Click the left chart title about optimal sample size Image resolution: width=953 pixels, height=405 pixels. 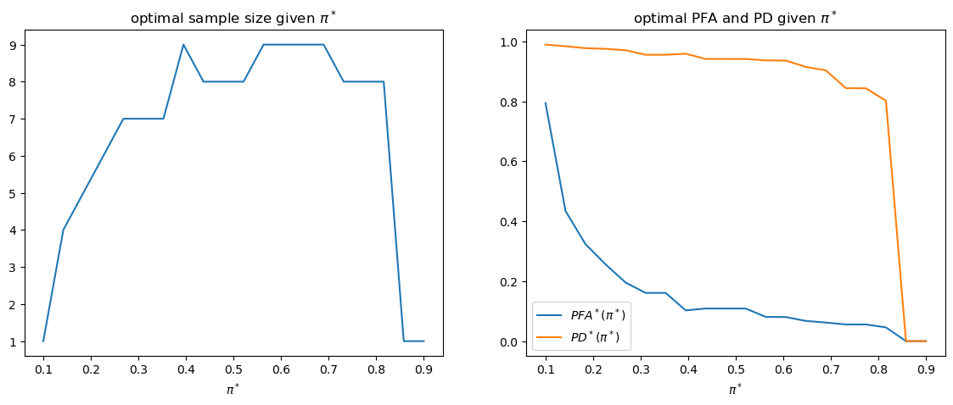233,19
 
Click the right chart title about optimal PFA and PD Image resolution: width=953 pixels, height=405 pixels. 734,19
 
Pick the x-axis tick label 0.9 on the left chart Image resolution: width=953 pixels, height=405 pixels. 423,369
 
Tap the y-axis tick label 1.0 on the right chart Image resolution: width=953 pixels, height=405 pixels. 509,42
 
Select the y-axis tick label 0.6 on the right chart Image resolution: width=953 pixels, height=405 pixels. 509,162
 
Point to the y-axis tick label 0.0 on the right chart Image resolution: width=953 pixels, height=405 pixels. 509,342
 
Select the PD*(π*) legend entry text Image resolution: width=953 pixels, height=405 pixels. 594,336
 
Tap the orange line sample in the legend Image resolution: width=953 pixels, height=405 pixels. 550,336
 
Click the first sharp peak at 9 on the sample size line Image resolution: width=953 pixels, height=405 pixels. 183,45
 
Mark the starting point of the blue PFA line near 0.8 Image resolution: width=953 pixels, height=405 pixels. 546,103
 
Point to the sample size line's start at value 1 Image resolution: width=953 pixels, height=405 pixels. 43,341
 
